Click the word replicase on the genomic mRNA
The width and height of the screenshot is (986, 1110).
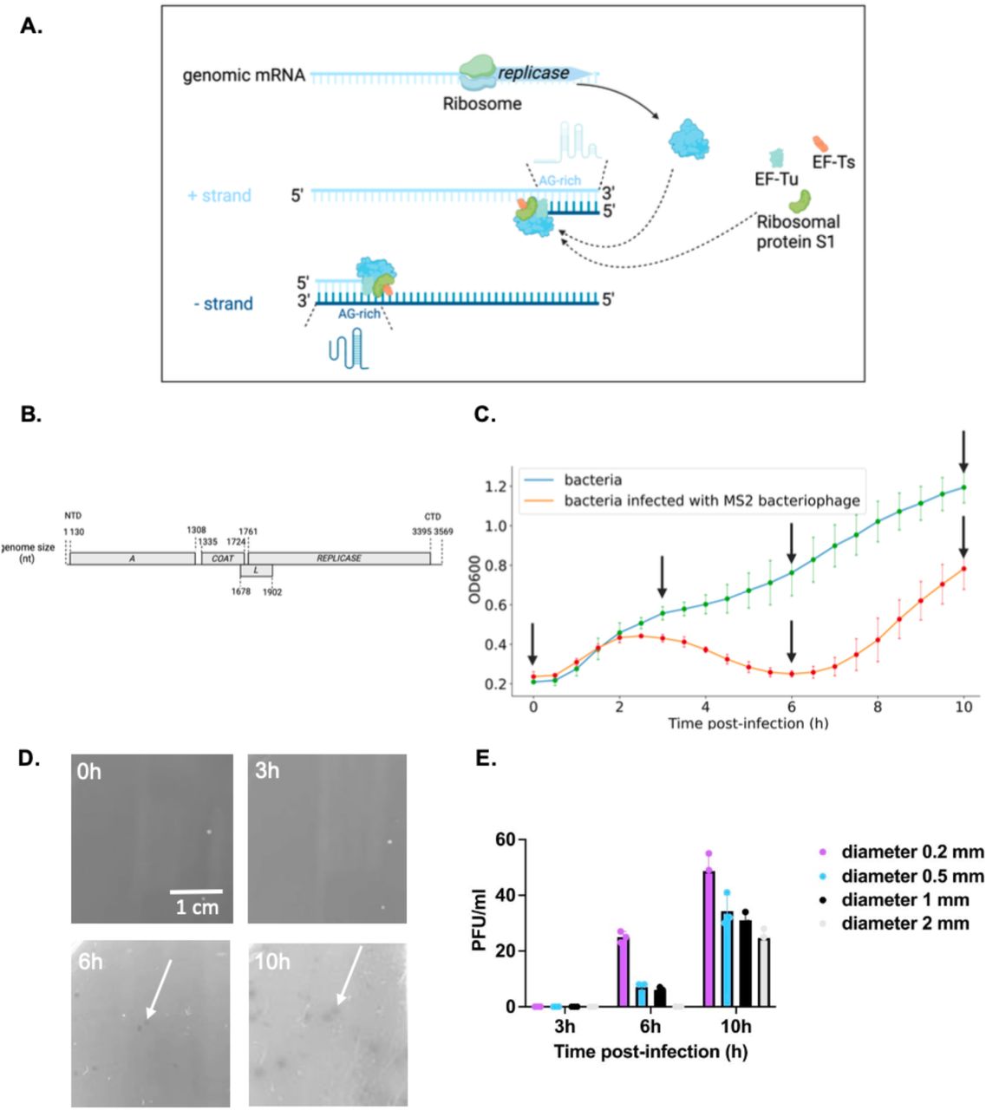533,73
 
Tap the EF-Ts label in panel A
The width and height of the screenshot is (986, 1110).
833,161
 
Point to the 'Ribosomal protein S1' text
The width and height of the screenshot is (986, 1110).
798,232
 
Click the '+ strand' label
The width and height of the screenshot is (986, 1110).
219,196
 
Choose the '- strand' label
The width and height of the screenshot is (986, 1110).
223,304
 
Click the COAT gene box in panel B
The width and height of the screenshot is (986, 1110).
223,558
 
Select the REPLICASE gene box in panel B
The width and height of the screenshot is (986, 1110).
338,558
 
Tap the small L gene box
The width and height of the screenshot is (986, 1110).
256,571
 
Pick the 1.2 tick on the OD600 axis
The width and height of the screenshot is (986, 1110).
494,486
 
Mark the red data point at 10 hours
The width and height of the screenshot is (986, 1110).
963,569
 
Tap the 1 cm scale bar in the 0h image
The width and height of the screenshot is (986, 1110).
196,891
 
